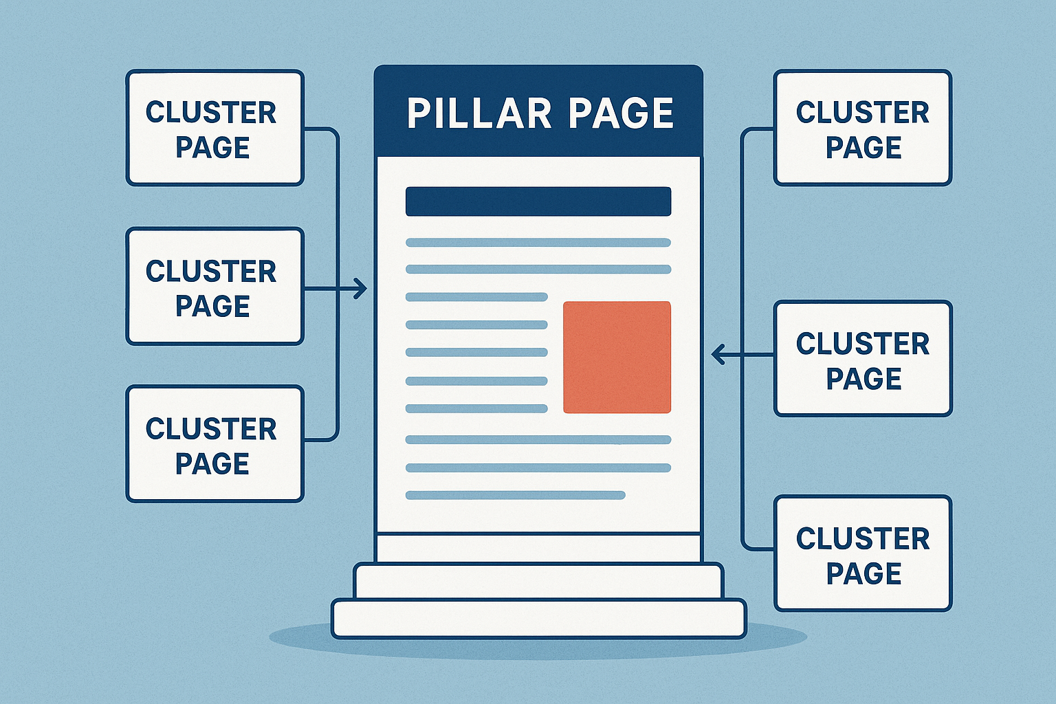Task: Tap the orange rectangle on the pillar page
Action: pyautogui.click(x=617, y=357)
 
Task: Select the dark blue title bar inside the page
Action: pyautogui.click(x=538, y=201)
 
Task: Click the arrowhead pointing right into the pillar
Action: pyautogui.click(x=360, y=289)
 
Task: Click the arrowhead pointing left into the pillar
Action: pyautogui.click(x=718, y=355)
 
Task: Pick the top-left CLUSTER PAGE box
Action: pyautogui.click(x=214, y=128)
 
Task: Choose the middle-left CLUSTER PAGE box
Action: pyautogui.click(x=214, y=286)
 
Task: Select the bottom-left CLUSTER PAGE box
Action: pyautogui.click(x=214, y=444)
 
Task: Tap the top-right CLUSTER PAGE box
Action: pyautogui.click(x=863, y=128)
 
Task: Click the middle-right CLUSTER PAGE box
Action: pyautogui.click(x=863, y=358)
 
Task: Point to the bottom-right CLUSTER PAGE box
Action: pyautogui.click(x=863, y=553)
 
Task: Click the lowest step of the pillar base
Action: pyautogui.click(x=538, y=618)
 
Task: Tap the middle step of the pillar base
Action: pyautogui.click(x=538, y=581)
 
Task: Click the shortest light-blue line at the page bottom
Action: pyautogui.click(x=515, y=495)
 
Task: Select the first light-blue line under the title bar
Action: pyautogui.click(x=538, y=243)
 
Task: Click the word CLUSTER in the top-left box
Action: pyautogui.click(x=211, y=113)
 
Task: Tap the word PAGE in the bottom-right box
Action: pyautogui.click(x=863, y=573)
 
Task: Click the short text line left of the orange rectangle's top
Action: pyautogui.click(x=476, y=297)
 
